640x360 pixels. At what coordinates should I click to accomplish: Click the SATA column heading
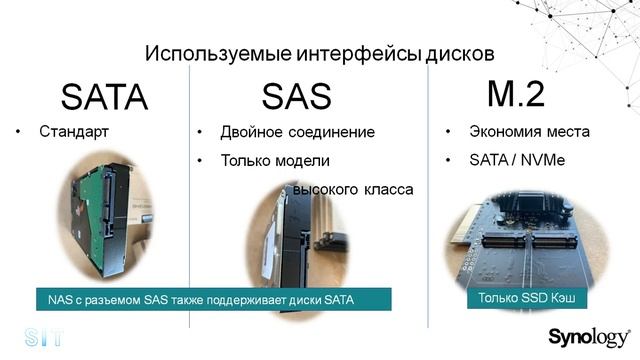click(x=104, y=96)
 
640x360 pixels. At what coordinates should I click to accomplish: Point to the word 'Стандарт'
click(x=73, y=132)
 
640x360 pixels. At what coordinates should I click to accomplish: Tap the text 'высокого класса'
click(x=352, y=188)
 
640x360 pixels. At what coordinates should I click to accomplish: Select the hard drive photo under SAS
click(x=295, y=240)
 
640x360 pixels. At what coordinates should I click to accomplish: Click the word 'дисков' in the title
click(x=460, y=52)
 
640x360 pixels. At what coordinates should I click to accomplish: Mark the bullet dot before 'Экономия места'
click(x=446, y=132)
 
